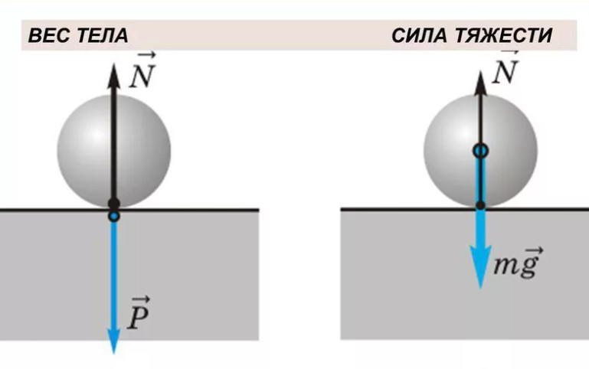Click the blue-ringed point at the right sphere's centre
(x=480, y=151)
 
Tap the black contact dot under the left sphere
(x=114, y=204)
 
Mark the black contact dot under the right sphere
(x=480, y=205)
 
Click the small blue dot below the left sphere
(x=114, y=217)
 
